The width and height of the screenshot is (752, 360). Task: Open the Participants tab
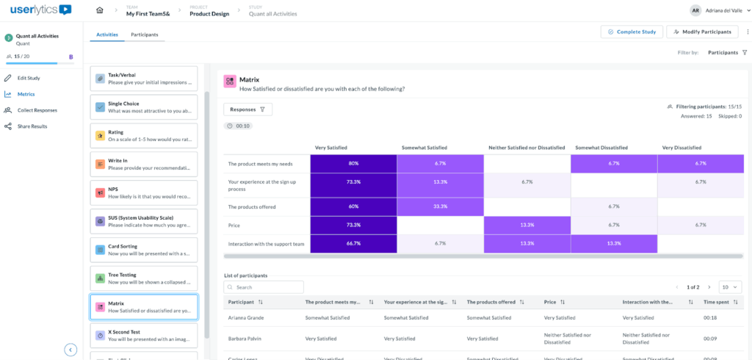click(144, 35)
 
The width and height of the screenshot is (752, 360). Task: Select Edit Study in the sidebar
click(29, 78)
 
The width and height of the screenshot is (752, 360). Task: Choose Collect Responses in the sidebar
click(37, 110)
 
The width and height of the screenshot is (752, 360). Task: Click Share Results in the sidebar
click(32, 126)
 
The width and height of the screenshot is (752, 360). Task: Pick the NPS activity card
click(143, 192)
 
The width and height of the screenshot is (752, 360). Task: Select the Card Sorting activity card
click(143, 250)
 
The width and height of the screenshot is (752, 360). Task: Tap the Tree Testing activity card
click(143, 278)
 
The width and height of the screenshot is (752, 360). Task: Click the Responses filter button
click(247, 109)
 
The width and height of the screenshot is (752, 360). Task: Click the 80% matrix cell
click(353, 163)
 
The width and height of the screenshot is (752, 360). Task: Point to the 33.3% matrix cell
click(441, 206)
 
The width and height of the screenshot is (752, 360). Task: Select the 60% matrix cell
click(353, 206)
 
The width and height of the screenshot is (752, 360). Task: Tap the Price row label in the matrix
click(236, 225)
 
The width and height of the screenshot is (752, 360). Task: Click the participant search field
click(264, 287)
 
